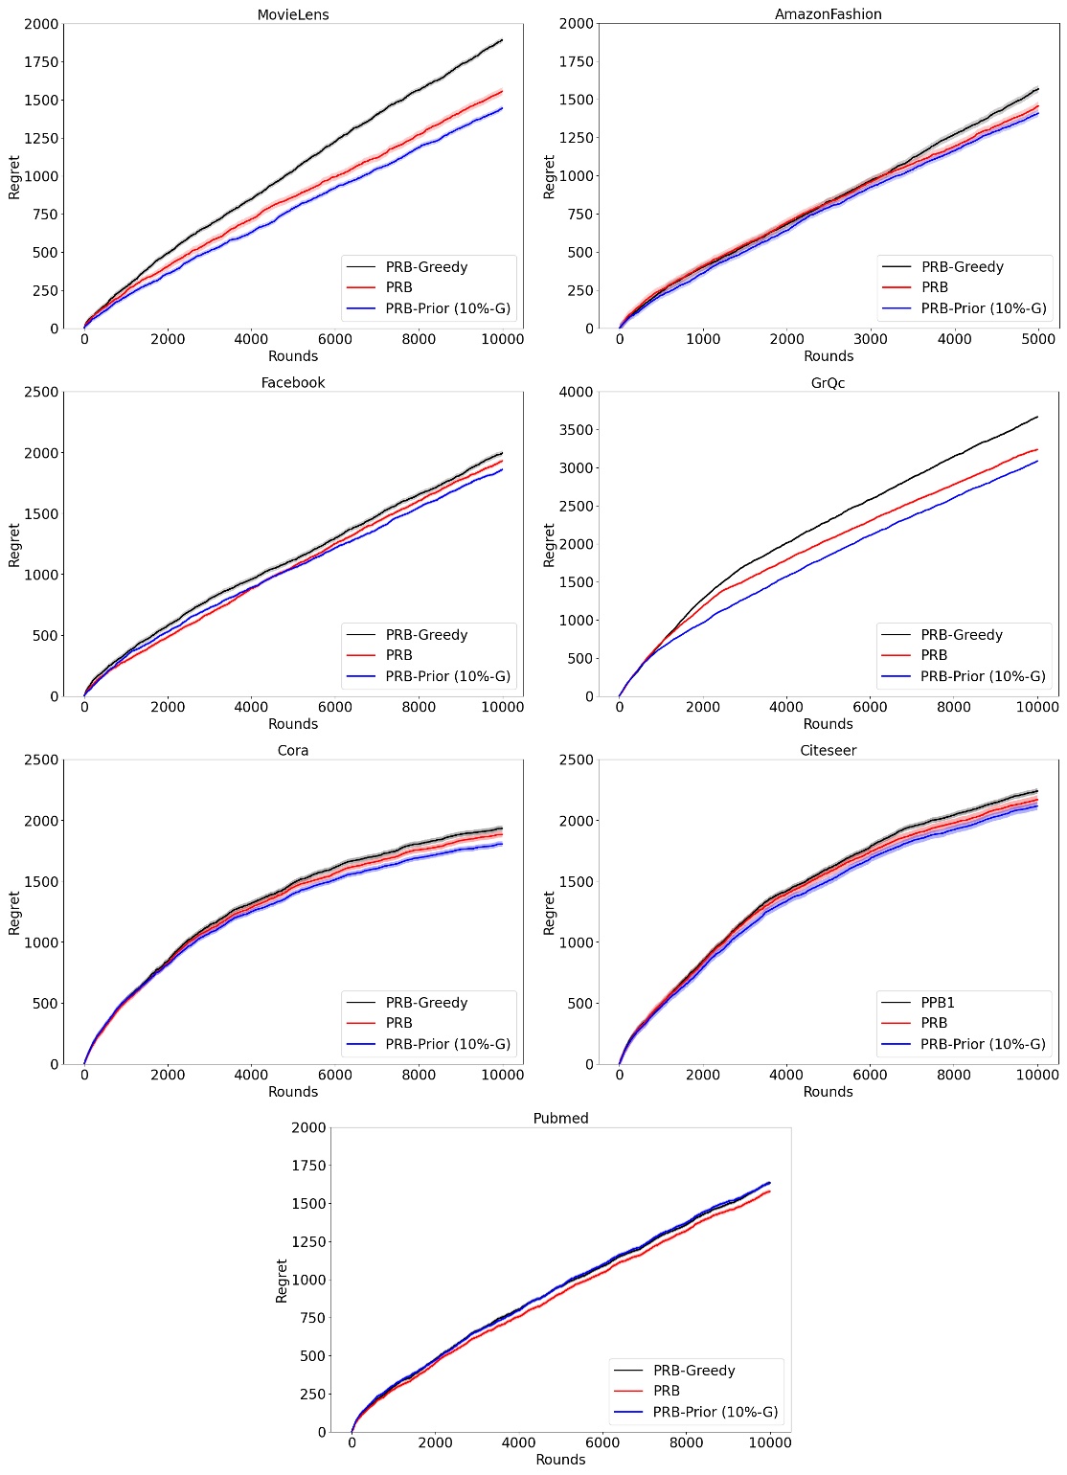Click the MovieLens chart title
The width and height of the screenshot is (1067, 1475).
tap(292, 14)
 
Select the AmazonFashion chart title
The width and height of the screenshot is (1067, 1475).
tap(828, 14)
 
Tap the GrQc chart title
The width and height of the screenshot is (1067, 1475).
tap(828, 382)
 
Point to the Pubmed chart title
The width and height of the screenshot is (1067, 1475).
tap(560, 1118)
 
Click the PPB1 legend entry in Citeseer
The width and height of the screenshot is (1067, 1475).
tap(938, 1002)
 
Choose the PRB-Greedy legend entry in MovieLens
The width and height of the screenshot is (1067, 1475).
tap(426, 266)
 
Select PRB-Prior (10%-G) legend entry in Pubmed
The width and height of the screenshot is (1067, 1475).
tap(715, 1412)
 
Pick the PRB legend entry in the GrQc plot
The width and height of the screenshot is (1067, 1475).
tap(934, 655)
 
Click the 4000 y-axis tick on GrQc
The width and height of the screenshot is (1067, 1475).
tap(578, 392)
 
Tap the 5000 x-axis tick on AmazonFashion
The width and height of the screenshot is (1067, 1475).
tap(1037, 338)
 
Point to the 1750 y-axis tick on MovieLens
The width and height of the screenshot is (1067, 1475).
tap(42, 62)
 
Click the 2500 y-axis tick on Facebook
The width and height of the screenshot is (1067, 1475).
tap(42, 392)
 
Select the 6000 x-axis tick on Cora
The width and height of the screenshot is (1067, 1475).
tap(334, 1074)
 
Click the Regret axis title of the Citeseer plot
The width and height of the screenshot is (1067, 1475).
tap(549, 912)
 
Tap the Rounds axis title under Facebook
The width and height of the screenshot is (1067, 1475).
tap(292, 724)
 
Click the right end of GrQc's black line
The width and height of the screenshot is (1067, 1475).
tap(1037, 417)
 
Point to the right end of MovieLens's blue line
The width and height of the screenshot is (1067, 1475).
tap(502, 108)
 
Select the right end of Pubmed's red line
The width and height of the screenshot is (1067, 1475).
tap(769, 1191)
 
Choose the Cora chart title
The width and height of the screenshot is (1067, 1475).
tap(292, 750)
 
